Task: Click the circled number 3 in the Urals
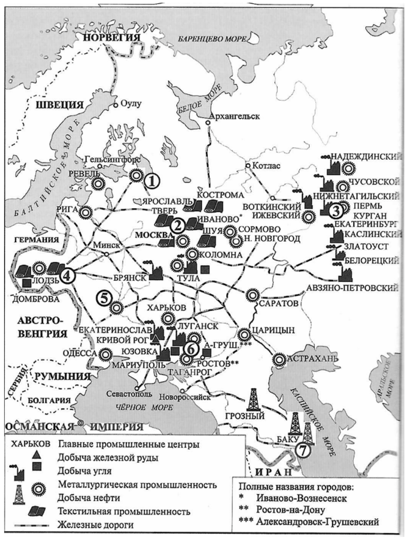335,210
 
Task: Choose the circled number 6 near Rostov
191,349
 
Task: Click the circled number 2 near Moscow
178,224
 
